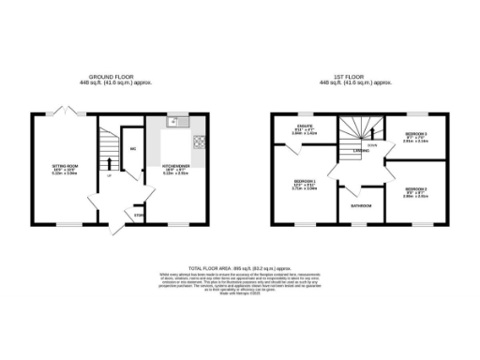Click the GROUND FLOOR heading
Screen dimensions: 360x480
(x=120, y=77)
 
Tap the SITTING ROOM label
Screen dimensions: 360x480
(x=64, y=165)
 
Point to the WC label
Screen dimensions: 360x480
(x=133, y=149)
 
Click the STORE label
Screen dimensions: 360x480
(x=139, y=216)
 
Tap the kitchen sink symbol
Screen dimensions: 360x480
(x=174, y=120)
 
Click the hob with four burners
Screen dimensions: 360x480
(x=198, y=142)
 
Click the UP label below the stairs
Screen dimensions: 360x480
(x=108, y=175)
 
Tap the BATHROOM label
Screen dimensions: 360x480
(x=361, y=205)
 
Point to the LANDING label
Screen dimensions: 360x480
(x=359, y=150)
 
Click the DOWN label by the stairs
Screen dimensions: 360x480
(x=372, y=145)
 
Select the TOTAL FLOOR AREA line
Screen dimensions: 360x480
(x=240, y=267)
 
